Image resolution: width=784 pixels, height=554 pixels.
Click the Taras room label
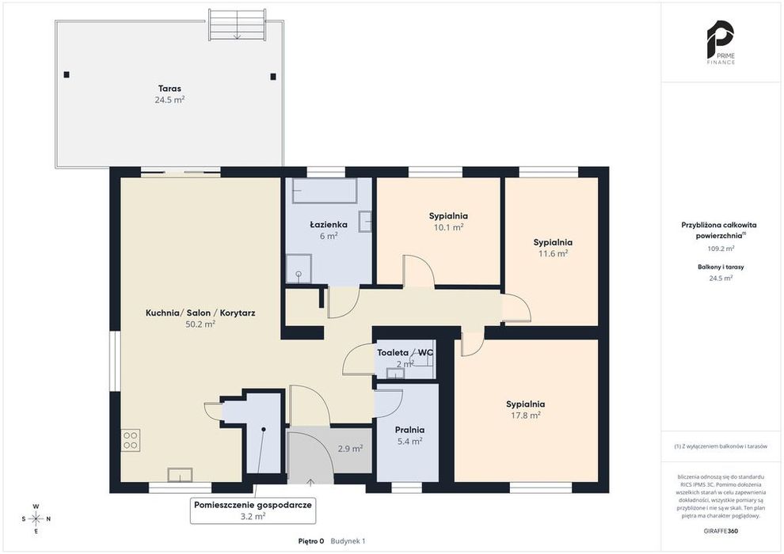(x=169, y=89)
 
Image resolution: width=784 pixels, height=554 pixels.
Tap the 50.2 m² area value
(x=200, y=324)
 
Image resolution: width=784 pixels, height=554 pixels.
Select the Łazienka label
(x=329, y=225)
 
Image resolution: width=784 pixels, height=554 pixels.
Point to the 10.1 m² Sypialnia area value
(x=448, y=227)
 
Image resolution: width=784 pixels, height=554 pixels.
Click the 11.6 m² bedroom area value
(x=553, y=254)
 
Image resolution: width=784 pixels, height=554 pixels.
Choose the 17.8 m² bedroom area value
(x=525, y=415)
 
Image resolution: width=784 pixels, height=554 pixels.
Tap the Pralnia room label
(x=409, y=430)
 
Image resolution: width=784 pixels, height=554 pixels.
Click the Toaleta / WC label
(x=405, y=353)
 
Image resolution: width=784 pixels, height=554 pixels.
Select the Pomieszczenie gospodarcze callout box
(x=253, y=510)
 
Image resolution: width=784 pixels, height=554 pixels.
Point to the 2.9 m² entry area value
(x=350, y=449)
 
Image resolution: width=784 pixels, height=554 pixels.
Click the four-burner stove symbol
(x=131, y=440)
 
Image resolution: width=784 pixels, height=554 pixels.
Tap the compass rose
(x=36, y=519)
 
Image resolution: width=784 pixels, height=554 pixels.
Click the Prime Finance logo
(x=721, y=43)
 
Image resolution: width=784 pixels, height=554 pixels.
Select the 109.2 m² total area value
(x=721, y=249)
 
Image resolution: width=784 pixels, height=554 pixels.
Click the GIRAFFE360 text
(x=721, y=531)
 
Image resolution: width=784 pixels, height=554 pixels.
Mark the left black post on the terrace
(x=67, y=75)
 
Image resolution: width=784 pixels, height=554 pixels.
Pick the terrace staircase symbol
(x=237, y=25)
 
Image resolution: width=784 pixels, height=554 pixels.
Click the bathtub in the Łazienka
(x=325, y=190)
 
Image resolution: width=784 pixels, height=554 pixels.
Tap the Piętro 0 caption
(x=311, y=541)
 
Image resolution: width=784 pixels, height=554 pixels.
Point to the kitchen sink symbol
(x=180, y=475)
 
